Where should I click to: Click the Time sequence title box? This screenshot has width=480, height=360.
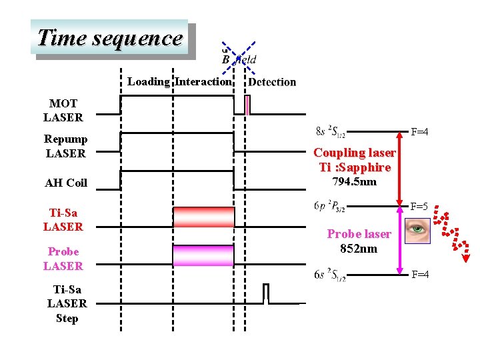point(110,38)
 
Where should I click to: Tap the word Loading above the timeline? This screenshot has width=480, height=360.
point(148,82)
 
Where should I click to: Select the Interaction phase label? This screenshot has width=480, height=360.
point(203,82)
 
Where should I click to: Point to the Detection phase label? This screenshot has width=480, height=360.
point(272,82)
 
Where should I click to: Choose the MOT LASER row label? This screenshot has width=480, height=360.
point(63,111)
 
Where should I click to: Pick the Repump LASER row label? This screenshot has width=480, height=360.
point(65,146)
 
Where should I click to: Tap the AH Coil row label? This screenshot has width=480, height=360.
point(66,183)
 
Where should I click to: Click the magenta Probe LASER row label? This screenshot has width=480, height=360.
point(63,259)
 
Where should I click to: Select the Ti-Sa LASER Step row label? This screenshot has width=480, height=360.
point(67,303)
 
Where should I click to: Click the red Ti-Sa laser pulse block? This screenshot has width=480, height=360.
point(203,217)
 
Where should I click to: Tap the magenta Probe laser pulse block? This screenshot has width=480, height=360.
point(203,255)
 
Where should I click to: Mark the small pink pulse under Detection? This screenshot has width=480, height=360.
point(247,105)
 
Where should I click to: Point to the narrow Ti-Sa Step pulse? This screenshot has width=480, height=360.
point(266,294)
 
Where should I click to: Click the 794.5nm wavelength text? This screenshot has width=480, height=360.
point(354,182)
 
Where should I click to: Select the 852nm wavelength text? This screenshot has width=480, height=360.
point(359,249)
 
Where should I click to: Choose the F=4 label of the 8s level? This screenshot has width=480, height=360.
point(419,132)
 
